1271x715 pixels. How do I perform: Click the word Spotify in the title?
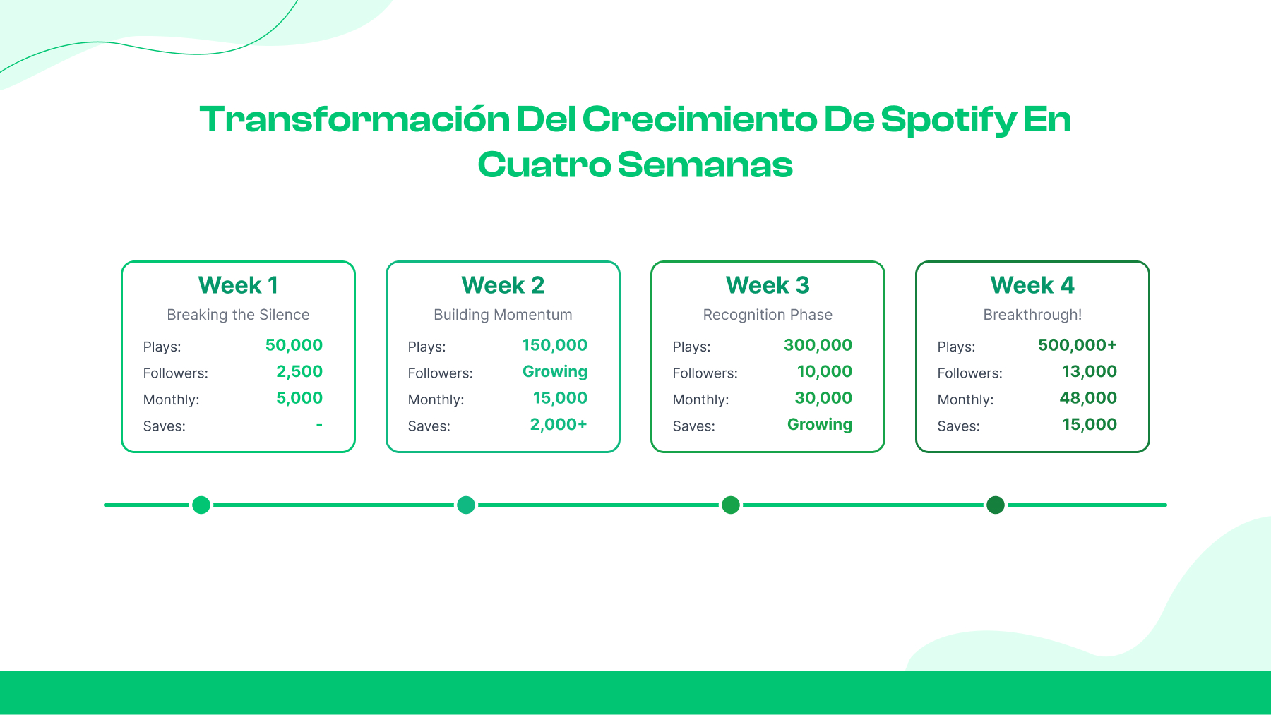[x=948, y=120]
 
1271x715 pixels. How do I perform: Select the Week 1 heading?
[x=238, y=285]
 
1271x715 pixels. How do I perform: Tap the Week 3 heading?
[x=768, y=285]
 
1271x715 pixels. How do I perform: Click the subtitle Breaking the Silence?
[x=238, y=315]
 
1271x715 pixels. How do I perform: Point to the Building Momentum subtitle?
[x=503, y=315]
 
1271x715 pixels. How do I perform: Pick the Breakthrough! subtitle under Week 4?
[x=1032, y=315]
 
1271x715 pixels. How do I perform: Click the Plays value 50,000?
[x=294, y=345]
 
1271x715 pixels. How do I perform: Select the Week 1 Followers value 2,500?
[x=299, y=371]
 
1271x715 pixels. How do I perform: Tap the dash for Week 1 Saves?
[x=319, y=425]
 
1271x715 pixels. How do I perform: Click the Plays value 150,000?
[x=554, y=345]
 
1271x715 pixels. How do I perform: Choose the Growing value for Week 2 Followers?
[x=554, y=372]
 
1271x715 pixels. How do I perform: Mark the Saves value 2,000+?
[x=558, y=424]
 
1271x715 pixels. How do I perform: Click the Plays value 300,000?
[x=818, y=345]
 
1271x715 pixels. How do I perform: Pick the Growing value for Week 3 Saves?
[x=819, y=425]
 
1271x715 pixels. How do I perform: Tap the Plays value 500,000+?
[x=1077, y=345]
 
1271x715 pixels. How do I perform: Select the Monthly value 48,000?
[x=1088, y=398]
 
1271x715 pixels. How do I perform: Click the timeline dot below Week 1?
[x=201, y=505]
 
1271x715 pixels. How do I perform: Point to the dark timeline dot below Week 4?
[x=996, y=505]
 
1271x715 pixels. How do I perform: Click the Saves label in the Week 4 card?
[x=958, y=426]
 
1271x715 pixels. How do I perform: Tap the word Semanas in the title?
[x=705, y=165]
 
